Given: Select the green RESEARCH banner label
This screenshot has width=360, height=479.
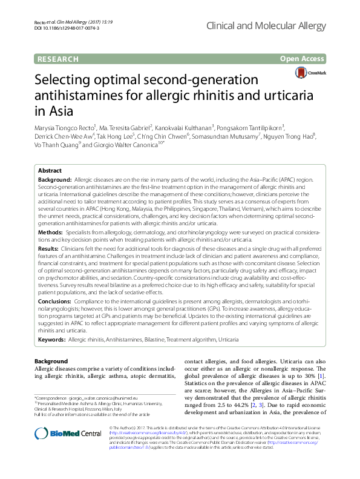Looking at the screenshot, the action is (x=58, y=59).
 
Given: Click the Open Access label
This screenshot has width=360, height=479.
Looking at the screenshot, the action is (x=304, y=59).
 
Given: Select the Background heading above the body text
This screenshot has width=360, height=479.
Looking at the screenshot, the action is (x=51, y=362).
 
